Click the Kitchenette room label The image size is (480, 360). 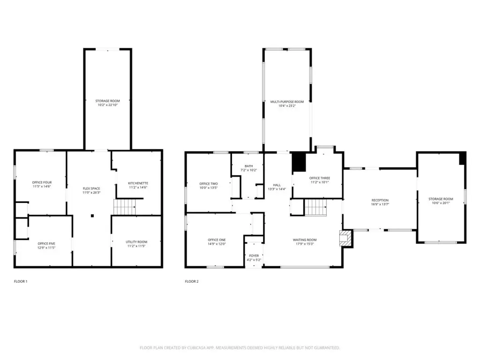click(x=138, y=183)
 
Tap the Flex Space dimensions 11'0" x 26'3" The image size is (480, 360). click(x=91, y=193)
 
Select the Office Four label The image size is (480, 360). click(x=42, y=182)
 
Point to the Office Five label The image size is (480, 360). click(x=46, y=244)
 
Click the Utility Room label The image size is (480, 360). click(x=136, y=242)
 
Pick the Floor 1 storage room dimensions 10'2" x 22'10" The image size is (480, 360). click(x=108, y=105)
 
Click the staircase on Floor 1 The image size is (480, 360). click(x=125, y=207)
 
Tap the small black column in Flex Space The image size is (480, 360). click(x=92, y=216)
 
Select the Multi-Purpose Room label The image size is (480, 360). click(x=287, y=102)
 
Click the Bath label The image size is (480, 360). click(x=249, y=166)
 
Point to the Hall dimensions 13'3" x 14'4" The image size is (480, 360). click(x=277, y=189)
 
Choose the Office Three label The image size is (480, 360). click(x=320, y=178)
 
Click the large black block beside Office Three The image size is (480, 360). click(x=299, y=162)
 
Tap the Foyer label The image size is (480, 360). click(x=254, y=255)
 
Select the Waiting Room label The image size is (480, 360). click(x=305, y=240)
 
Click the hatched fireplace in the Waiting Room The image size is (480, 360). click(x=345, y=238)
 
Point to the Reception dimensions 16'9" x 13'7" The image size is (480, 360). click(x=380, y=204)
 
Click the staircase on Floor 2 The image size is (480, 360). click(x=315, y=207)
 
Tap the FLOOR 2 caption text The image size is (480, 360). click(x=192, y=281)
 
